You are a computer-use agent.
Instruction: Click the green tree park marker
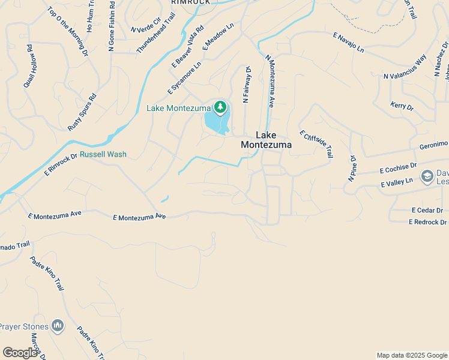point(220,107)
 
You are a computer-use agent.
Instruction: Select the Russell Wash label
point(103,154)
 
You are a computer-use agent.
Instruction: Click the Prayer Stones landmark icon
point(58,326)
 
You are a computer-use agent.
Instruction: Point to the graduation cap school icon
point(427,176)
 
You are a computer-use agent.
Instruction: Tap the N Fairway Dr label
point(246,85)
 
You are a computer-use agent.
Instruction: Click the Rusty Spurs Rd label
point(82,112)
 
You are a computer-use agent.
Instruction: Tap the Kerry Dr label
point(402,106)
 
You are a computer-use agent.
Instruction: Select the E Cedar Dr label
point(427,211)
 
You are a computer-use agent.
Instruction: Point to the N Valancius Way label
point(405,67)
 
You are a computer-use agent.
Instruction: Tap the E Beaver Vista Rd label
point(188,46)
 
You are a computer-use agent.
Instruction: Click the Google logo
point(20,353)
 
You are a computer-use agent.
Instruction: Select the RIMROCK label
point(190,2)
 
